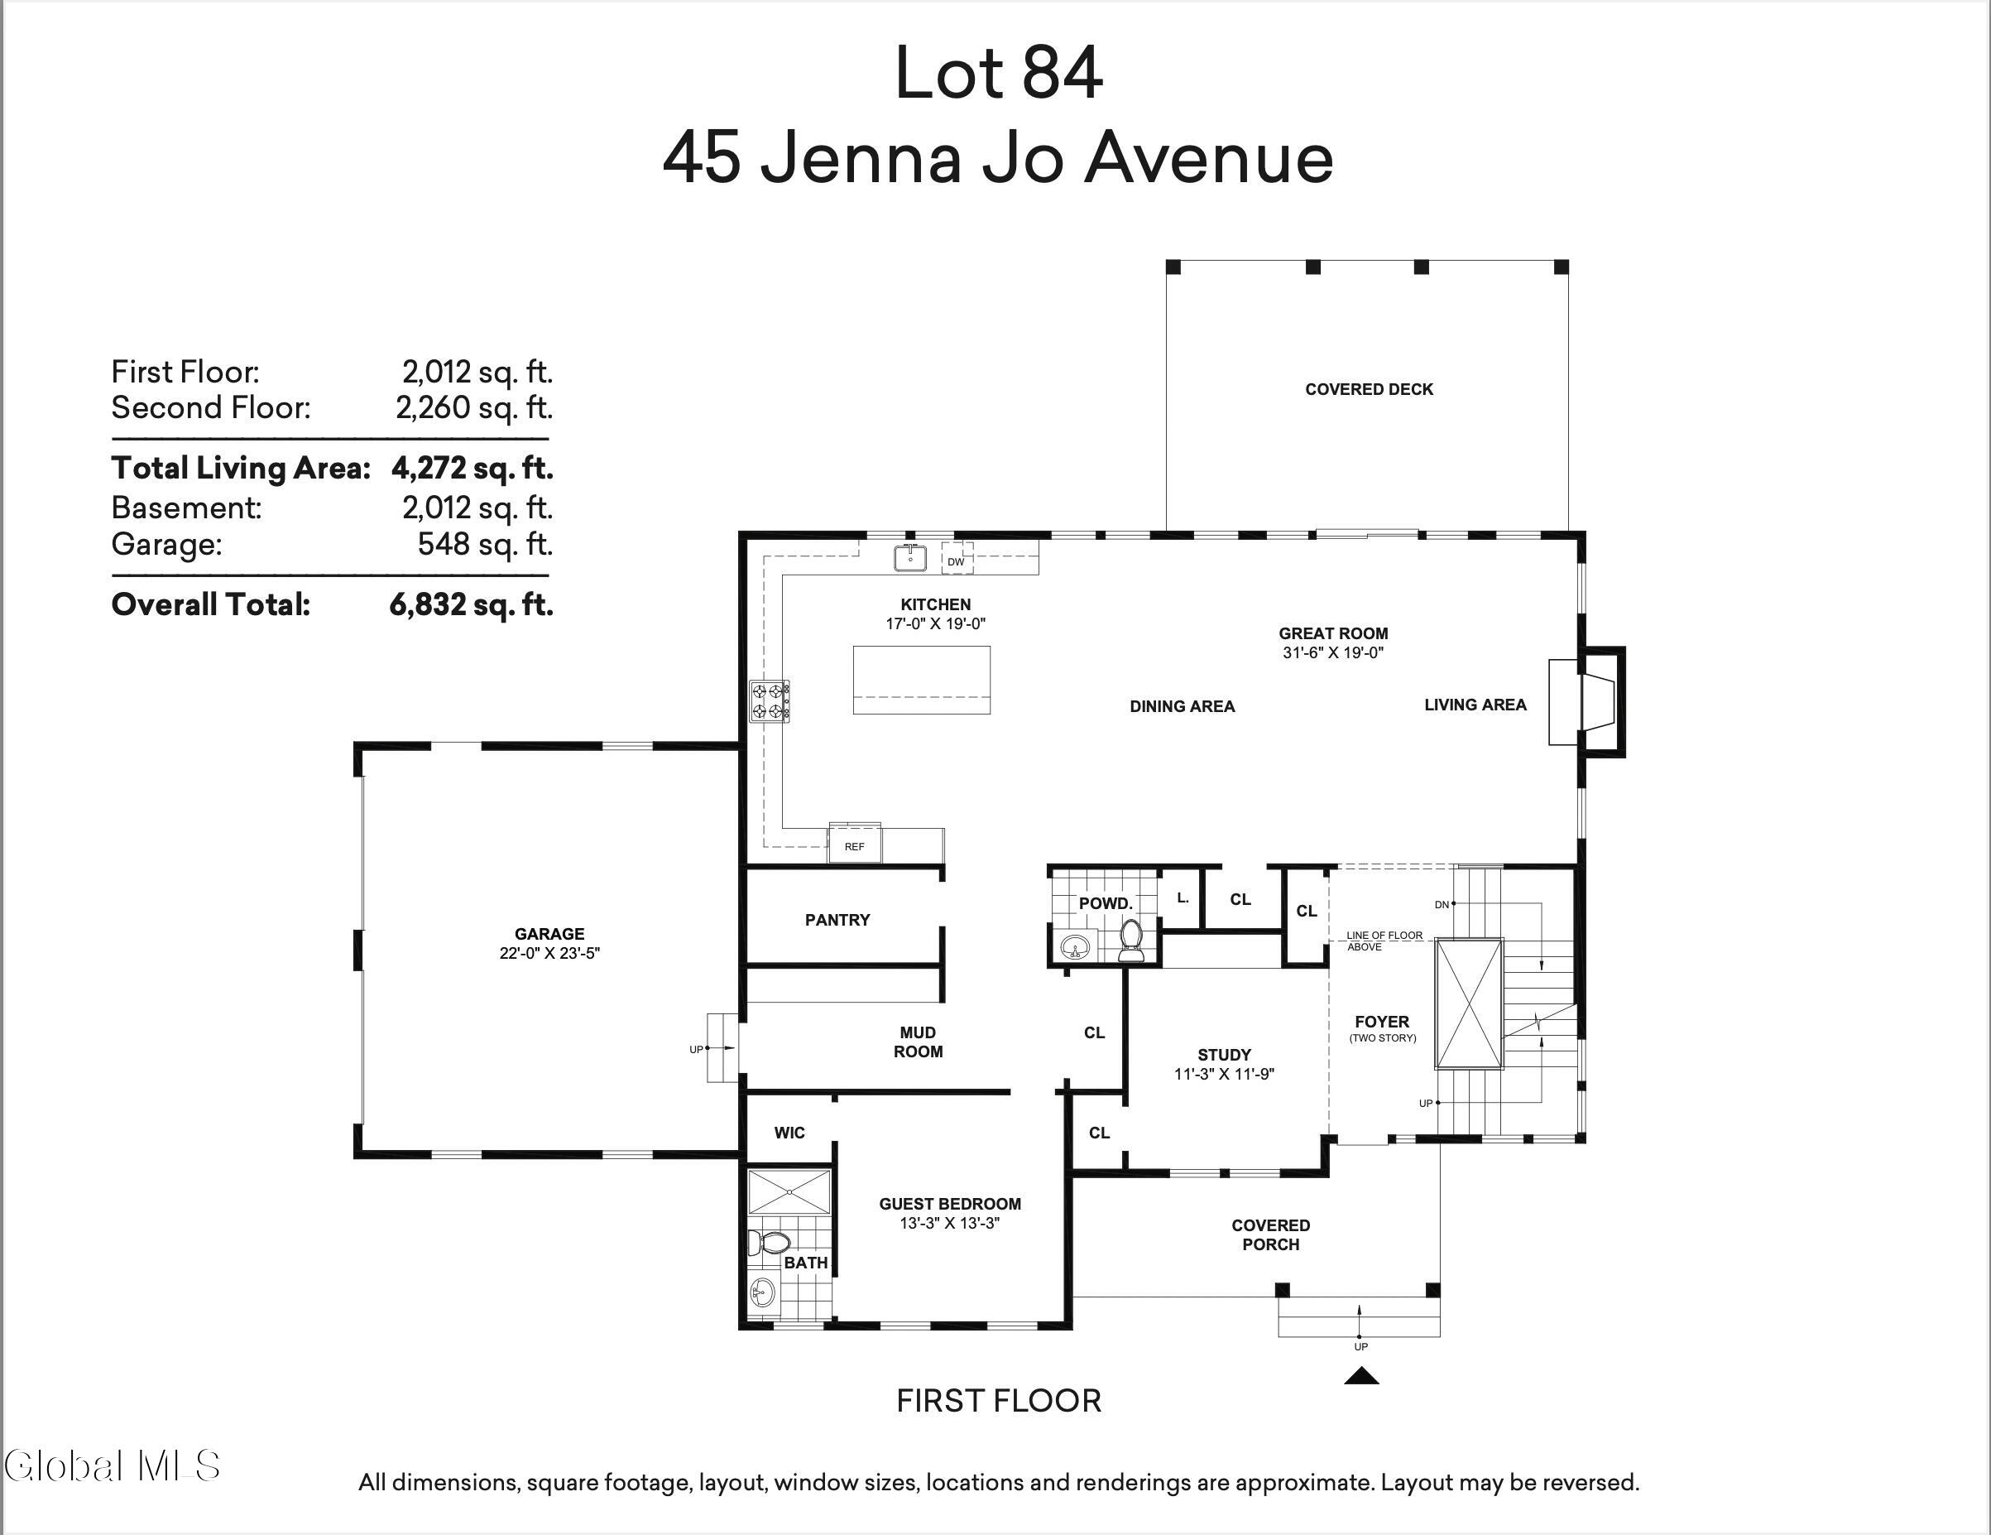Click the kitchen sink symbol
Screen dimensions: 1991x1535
pyautogui.click(x=909, y=557)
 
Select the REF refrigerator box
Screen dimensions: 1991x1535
pyautogui.click(x=854, y=844)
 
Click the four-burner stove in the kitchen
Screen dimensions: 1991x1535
pyautogui.click(x=770, y=701)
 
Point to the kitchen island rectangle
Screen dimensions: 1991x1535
pyautogui.click(x=922, y=681)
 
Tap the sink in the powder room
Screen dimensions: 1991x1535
pyautogui.click(x=1076, y=946)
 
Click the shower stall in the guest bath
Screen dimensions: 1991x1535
pyautogui.click(x=789, y=1191)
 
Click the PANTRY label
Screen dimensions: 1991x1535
pyautogui.click(x=837, y=919)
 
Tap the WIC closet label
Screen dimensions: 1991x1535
pyautogui.click(x=789, y=1133)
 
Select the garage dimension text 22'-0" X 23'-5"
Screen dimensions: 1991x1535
pyautogui.click(x=549, y=953)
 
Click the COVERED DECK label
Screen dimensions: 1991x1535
pyautogui.click(x=1370, y=389)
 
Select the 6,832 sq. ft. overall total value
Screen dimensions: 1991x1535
pyautogui.click(x=472, y=604)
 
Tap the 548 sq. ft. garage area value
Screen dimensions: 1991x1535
pyautogui.click(x=485, y=544)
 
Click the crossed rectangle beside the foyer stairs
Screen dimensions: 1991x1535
pyautogui.click(x=1469, y=1003)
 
